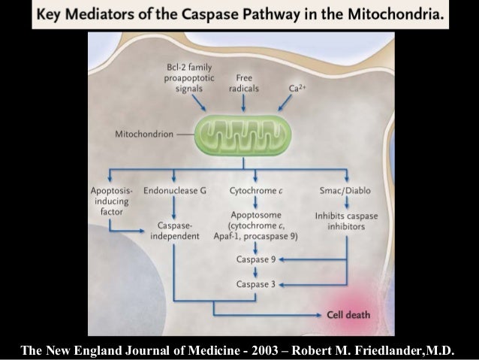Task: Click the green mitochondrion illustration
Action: tap(240, 135)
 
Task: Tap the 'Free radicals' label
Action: tap(243, 83)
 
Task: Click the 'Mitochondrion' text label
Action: tap(143, 135)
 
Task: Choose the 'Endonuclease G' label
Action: tap(175, 191)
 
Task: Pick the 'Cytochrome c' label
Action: tap(256, 191)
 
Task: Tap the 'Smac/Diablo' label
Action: tap(345, 191)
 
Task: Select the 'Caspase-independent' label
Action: tap(175, 231)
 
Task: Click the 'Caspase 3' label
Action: tap(255, 285)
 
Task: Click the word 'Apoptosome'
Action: tap(256, 214)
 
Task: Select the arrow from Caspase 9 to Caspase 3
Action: tap(255, 272)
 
